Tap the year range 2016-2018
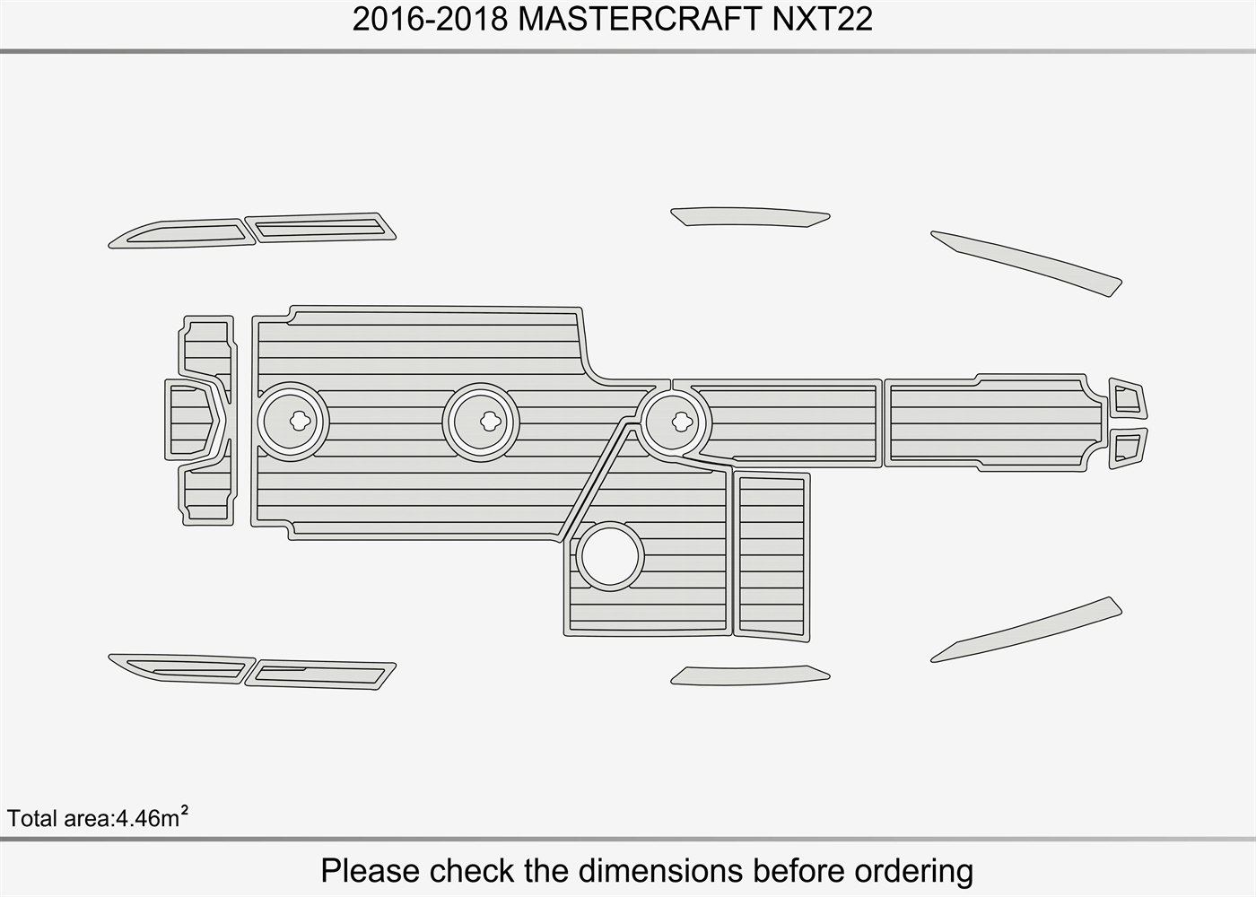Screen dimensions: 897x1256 (x=431, y=19)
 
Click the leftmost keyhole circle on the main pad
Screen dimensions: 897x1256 (x=294, y=421)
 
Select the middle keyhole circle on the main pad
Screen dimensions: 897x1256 (x=481, y=421)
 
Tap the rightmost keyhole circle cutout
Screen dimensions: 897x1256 (x=676, y=421)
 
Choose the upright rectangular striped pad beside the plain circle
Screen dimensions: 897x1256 (x=772, y=554)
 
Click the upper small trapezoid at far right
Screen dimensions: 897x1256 (x=1128, y=397)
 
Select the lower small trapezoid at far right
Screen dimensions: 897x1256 (x=1128, y=447)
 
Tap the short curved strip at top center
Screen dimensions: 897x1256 (x=749, y=216)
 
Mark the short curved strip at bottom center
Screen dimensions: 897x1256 (x=749, y=675)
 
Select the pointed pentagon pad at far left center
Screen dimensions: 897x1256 (x=192, y=420)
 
